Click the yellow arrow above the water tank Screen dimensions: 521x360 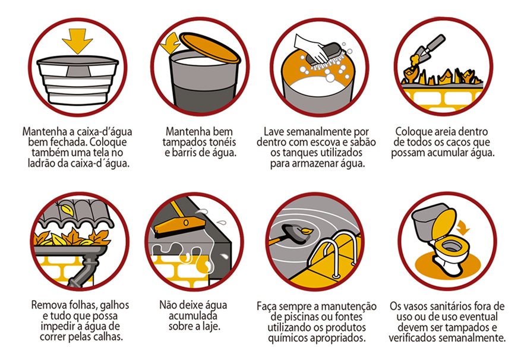tap(77, 40)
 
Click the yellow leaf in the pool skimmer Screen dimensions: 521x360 tap(306, 230)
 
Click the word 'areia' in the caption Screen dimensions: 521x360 tap(451, 132)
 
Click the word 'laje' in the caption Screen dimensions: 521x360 tap(211, 326)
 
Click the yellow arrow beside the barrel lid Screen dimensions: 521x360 tap(170, 43)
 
